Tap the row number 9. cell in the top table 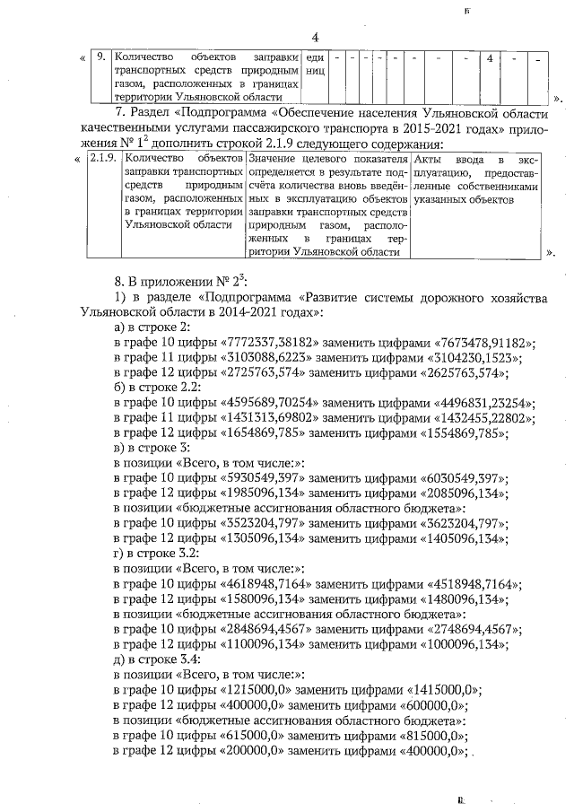[x=101, y=57]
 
